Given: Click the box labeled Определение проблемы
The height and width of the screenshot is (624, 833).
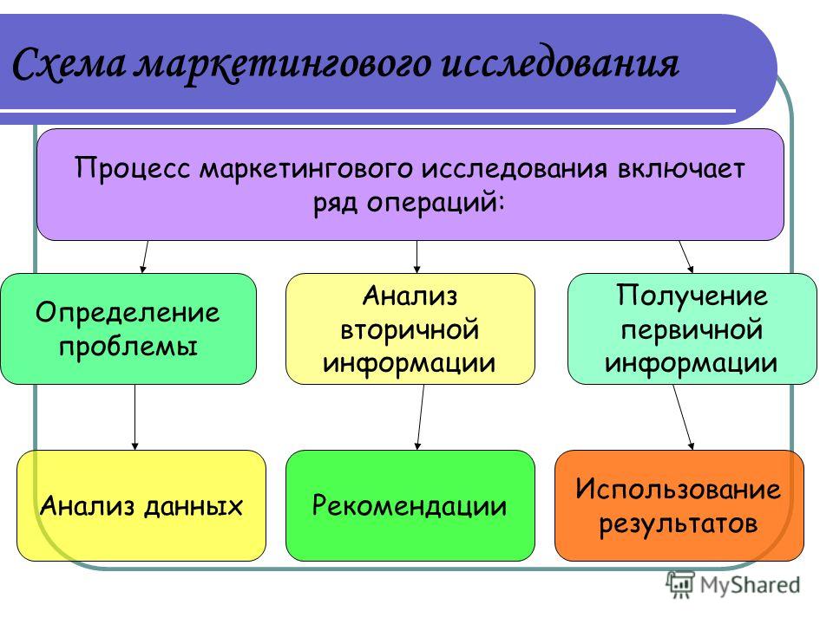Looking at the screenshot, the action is [128, 329].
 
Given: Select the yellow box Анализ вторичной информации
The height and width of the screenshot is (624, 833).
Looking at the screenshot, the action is [410, 329].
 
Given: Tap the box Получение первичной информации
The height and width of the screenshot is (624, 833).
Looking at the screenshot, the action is [692, 329].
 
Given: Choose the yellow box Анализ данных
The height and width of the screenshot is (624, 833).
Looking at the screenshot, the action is [141, 505].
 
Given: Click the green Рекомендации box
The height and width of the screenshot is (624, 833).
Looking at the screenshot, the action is [410, 505].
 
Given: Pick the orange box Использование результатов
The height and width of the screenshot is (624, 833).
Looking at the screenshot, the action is [679, 505].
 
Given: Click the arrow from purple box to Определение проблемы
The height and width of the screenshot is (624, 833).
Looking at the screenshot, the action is [145, 257].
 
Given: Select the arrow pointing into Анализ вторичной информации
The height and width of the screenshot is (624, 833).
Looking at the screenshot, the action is [417, 257].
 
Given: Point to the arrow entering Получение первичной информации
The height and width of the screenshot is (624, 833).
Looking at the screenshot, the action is [685, 257].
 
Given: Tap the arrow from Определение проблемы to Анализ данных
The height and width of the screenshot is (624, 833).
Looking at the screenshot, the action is [135, 418].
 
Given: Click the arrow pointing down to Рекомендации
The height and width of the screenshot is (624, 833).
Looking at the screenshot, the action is [421, 418].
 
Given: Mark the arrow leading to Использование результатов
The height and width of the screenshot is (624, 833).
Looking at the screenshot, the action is [683, 418].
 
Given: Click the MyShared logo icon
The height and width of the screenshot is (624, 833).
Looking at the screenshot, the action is [680, 585].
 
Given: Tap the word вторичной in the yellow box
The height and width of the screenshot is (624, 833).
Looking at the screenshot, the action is [410, 330].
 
